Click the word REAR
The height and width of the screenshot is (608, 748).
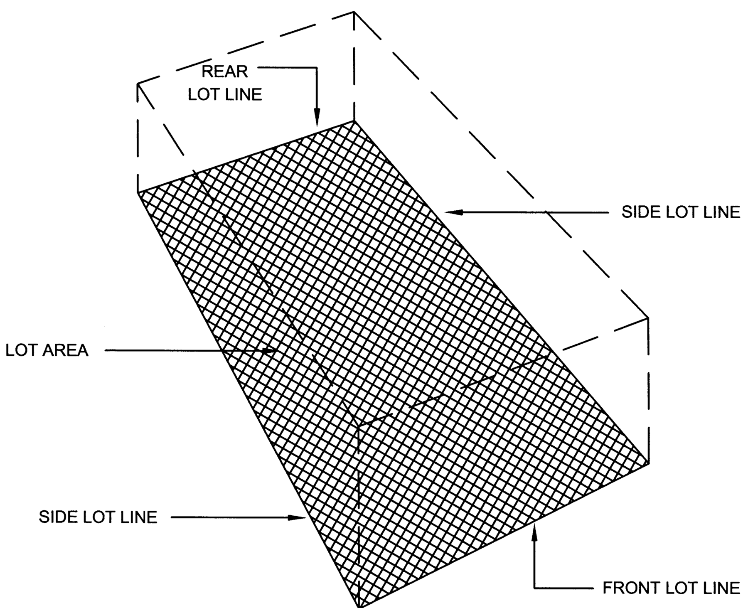pyautogui.click(x=225, y=72)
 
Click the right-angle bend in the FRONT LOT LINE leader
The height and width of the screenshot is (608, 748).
pyautogui.click(x=535, y=588)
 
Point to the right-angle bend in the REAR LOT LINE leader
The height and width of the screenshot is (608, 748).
pyautogui.click(x=317, y=67)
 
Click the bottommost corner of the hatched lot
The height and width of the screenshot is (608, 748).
pyautogui.click(x=359, y=606)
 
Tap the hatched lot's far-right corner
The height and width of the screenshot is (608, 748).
pyautogui.click(x=649, y=463)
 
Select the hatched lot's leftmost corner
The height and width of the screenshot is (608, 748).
pyautogui.click(x=138, y=192)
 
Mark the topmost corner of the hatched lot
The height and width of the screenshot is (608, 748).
pyautogui.click(x=354, y=121)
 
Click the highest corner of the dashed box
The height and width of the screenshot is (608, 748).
pyautogui.click(x=354, y=12)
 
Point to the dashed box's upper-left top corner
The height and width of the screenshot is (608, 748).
pyautogui.click(x=138, y=84)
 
